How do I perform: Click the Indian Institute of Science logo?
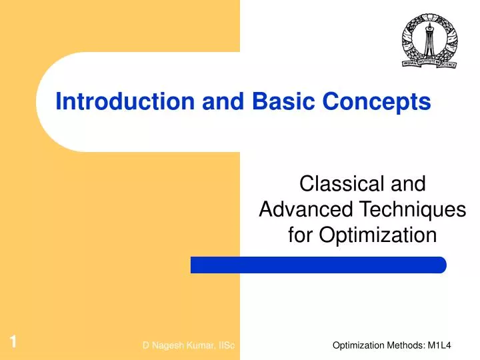(429, 41)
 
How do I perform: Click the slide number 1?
(13, 343)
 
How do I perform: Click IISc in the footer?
(225, 345)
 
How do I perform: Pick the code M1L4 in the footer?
(453, 345)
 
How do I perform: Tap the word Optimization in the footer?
(359, 345)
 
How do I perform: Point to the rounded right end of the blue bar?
(441, 265)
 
